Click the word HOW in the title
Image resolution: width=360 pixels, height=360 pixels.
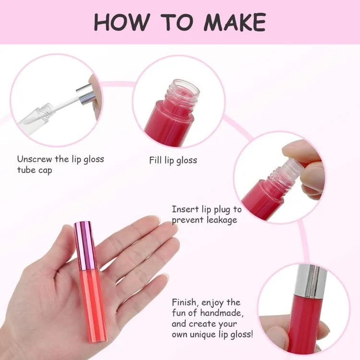click(x=122, y=22)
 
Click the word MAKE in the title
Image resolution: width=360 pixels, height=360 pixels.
click(x=235, y=22)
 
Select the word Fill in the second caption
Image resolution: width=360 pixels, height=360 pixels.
click(x=156, y=160)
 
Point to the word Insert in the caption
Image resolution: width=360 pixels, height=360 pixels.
click(x=185, y=209)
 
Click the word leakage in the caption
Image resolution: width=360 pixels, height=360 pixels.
click(x=222, y=220)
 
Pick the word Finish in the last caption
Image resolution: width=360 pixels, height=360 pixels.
click(x=186, y=302)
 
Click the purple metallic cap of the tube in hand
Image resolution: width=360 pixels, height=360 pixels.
click(x=85, y=246)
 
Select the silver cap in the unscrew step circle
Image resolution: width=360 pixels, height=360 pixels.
click(x=87, y=94)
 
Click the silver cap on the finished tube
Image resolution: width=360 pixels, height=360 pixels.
click(x=311, y=281)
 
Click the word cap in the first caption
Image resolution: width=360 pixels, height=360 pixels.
click(x=45, y=170)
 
